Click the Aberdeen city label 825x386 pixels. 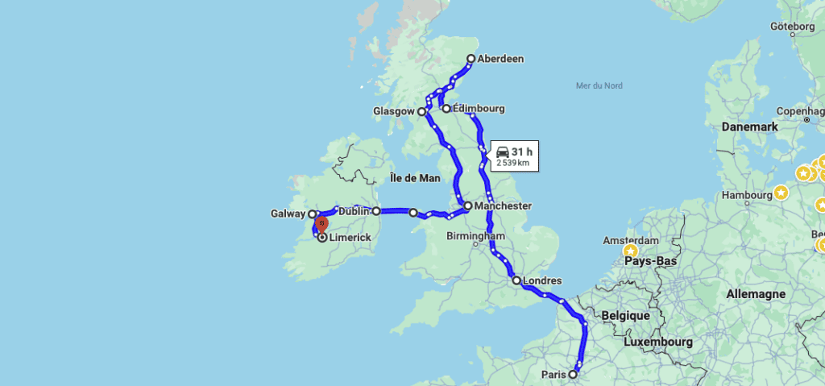500,59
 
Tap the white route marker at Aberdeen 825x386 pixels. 471,58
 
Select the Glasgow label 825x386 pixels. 393,111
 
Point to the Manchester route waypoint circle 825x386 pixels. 468,205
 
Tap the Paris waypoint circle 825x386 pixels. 573,374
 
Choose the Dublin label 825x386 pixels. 354,211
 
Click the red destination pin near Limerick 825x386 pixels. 321,223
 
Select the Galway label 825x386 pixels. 287,214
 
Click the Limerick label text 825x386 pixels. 350,238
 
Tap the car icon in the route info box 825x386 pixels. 502,151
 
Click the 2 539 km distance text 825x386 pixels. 512,163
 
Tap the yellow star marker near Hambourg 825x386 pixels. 781,192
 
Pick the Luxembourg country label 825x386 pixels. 657,342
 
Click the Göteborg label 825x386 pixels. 793,27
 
